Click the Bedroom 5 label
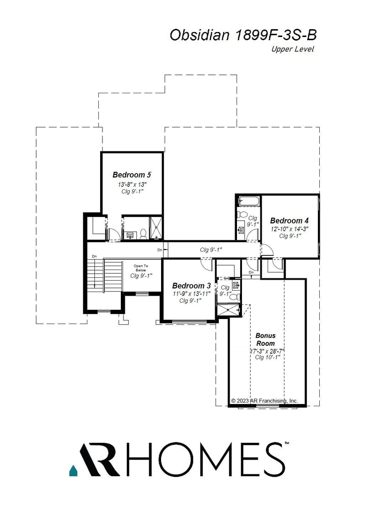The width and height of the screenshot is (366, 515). click(x=132, y=175)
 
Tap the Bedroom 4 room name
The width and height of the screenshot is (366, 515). click(x=286, y=220)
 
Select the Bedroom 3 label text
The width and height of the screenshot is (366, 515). click(x=191, y=286)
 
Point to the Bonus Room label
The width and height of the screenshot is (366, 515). click(x=265, y=339)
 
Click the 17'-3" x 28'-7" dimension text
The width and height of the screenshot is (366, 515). click(x=267, y=351)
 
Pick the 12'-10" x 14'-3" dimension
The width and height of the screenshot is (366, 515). click(x=286, y=228)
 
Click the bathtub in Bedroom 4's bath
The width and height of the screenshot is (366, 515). click(x=248, y=202)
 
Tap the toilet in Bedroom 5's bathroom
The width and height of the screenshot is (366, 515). click(x=143, y=234)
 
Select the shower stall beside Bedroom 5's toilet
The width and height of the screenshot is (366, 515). click(x=156, y=228)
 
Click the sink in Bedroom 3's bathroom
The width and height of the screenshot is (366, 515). click(x=236, y=286)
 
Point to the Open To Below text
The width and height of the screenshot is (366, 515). click(x=141, y=268)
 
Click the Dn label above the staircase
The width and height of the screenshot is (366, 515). click(x=94, y=257)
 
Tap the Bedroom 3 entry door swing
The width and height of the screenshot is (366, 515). click(x=206, y=264)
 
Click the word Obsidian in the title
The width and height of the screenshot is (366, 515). click(x=199, y=35)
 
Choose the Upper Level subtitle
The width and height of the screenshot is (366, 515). click(x=292, y=49)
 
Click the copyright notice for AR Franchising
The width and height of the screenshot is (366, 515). click(x=264, y=401)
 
